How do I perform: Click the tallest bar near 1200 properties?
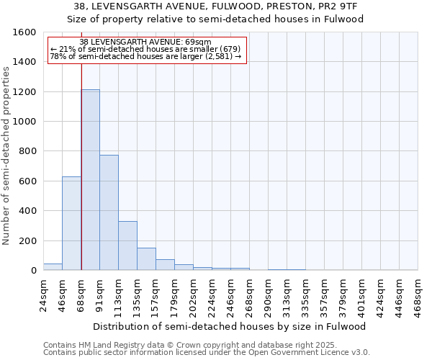click(x=90, y=180)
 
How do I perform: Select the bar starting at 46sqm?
click(x=71, y=223)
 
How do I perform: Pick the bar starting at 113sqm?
click(x=127, y=246)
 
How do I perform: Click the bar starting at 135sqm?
click(x=146, y=258)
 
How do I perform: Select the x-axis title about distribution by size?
click(x=230, y=326)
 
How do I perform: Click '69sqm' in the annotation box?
click(x=197, y=42)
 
